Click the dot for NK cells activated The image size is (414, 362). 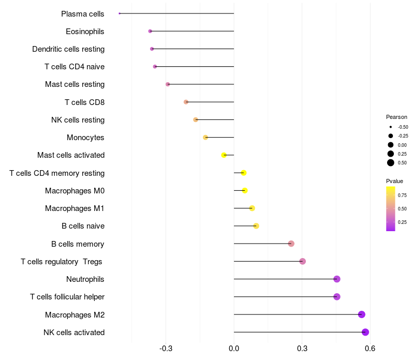click(x=365, y=332)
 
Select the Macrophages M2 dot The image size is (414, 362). click(x=362, y=314)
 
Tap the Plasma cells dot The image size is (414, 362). click(x=120, y=13)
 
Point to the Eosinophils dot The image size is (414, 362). click(x=150, y=31)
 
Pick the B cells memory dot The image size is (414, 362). click(x=291, y=244)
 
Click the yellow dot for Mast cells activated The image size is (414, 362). click(x=224, y=155)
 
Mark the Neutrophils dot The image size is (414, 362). click(x=337, y=279)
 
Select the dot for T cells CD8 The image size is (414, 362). click(x=186, y=102)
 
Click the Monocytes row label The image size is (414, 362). click(x=85, y=138)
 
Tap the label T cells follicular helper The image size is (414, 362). click(x=67, y=297)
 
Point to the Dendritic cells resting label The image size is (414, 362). click(x=68, y=49)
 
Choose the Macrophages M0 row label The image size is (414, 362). click(x=75, y=191)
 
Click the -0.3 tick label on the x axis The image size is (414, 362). click(x=166, y=349)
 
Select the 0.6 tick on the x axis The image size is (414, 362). click(x=370, y=349)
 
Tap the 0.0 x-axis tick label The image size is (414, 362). click(x=234, y=349)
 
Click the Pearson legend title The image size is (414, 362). click(x=396, y=117)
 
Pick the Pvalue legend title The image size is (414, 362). click(x=394, y=181)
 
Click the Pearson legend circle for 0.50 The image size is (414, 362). click(x=391, y=163)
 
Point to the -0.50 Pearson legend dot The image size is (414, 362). click(x=391, y=127)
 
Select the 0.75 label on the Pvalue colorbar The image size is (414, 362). click(x=402, y=195)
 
